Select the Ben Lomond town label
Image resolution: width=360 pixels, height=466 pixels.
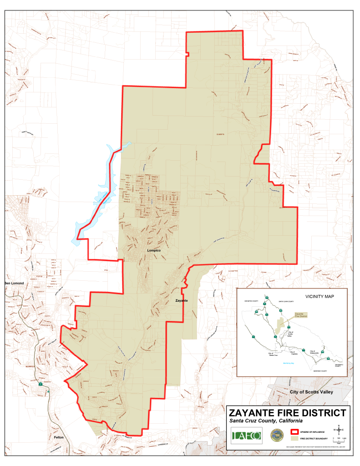pyautogui.click(x=14, y=283)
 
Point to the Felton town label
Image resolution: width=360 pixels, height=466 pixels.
pyautogui.click(x=58, y=437)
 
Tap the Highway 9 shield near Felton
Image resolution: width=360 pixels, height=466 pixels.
pyautogui.click(x=41, y=385)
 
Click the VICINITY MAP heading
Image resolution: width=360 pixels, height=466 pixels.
pyautogui.click(x=319, y=296)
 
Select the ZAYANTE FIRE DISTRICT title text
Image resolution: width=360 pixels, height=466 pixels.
pyautogui.click(x=287, y=413)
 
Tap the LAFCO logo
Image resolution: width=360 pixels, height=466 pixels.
pyautogui.click(x=246, y=436)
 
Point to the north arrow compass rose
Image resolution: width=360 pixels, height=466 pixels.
pyautogui.click(x=339, y=429)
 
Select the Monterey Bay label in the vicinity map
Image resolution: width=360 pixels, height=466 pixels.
pyautogui.click(x=289, y=363)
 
